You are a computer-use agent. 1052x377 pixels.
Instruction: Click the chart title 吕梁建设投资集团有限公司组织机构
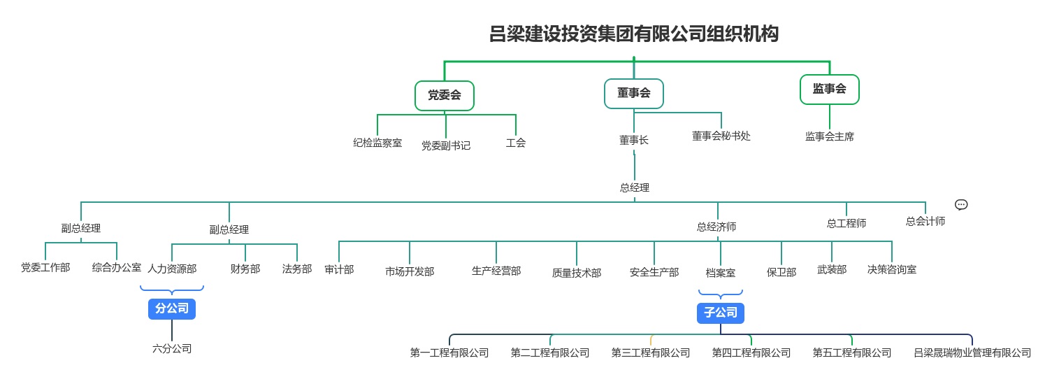[633, 34]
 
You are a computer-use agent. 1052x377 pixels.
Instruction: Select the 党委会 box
[445, 95]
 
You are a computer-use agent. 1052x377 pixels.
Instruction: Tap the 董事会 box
[633, 93]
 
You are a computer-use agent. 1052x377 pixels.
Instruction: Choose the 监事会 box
[829, 89]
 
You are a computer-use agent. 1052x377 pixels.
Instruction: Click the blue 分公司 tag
[172, 308]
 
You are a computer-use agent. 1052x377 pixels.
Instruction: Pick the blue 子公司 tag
[720, 313]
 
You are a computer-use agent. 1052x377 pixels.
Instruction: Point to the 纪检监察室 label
[377, 143]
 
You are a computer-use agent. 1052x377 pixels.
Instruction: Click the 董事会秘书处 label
[721, 136]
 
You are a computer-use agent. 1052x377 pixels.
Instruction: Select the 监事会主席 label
[829, 136]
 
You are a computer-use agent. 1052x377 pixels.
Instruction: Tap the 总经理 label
[634, 187]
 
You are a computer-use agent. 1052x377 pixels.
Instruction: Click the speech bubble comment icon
[961, 204]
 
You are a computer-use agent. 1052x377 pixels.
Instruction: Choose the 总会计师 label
[925, 221]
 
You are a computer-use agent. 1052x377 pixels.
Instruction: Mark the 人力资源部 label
[172, 268]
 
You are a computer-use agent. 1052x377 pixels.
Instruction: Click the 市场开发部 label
[410, 271]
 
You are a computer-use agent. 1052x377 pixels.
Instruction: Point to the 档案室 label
[720, 273]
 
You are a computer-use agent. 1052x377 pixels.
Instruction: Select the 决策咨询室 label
[892, 269]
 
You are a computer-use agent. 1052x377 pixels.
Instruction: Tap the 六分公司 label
[172, 348]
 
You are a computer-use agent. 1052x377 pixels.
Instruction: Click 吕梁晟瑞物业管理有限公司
[972, 353]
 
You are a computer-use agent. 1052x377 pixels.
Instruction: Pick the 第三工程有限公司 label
[651, 353]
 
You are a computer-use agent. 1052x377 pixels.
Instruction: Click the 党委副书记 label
[445, 145]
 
